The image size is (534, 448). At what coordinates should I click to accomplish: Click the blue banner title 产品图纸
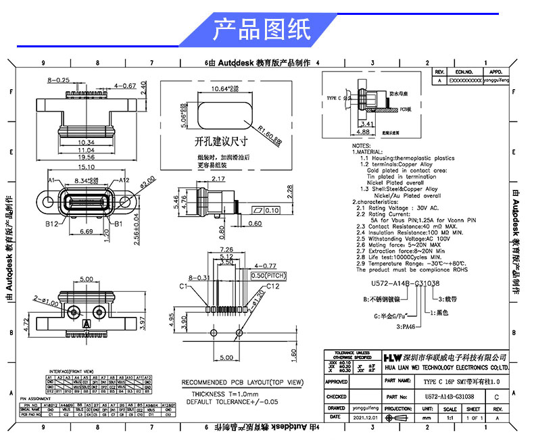[x=262, y=29]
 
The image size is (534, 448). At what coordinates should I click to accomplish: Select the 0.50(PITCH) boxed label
[x=267, y=276]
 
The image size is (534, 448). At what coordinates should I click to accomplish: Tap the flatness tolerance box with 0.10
[x=264, y=210]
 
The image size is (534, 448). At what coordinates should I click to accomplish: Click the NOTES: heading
[x=362, y=145]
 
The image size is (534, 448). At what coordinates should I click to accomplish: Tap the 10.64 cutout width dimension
[x=224, y=89]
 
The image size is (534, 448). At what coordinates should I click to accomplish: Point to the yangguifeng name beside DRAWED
[x=367, y=408]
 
